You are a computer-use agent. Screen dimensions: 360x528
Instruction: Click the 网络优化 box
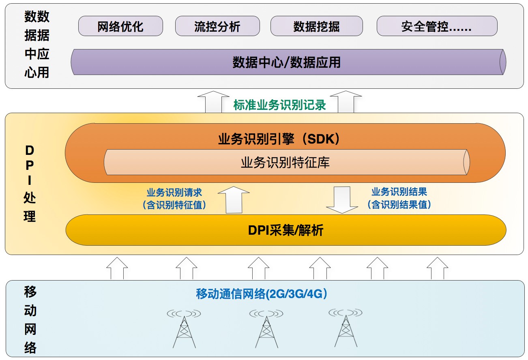tap(120, 26)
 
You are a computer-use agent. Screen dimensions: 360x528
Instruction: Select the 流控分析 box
tap(217, 26)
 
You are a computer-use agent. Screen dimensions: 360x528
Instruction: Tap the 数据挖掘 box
tap(317, 26)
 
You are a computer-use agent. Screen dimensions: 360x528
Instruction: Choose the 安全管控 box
tap(437, 26)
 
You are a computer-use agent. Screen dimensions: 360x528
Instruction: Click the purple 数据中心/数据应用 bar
tap(287, 62)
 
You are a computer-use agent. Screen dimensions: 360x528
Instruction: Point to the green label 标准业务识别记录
tap(280, 105)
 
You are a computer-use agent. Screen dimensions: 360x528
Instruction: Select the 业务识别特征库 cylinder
tap(285, 163)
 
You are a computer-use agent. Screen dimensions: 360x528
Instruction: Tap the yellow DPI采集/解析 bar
tap(285, 231)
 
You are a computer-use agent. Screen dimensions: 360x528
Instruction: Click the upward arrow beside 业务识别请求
tap(234, 199)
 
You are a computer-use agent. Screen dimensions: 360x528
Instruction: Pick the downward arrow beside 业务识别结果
tap(342, 199)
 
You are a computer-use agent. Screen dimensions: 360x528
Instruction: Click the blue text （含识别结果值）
tap(399, 205)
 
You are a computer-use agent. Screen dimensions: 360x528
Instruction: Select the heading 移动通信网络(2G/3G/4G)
tap(262, 294)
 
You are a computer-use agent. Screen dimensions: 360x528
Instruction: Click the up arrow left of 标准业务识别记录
tap(214, 102)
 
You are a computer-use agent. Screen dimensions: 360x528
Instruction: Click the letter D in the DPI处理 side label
tap(30, 151)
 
